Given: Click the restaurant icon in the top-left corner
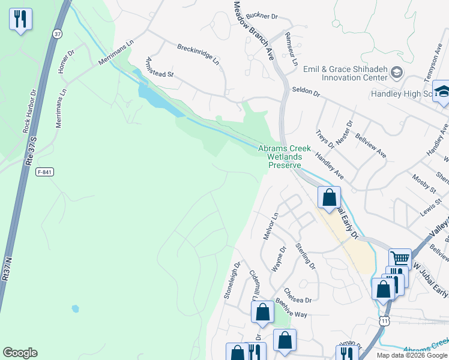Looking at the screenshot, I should (x=20, y=19).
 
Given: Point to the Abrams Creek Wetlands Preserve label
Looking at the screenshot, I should (x=285, y=157).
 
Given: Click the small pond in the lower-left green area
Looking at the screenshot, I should (x=75, y=308).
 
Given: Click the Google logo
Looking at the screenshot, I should (x=20, y=353).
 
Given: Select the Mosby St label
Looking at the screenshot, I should (x=423, y=183).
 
